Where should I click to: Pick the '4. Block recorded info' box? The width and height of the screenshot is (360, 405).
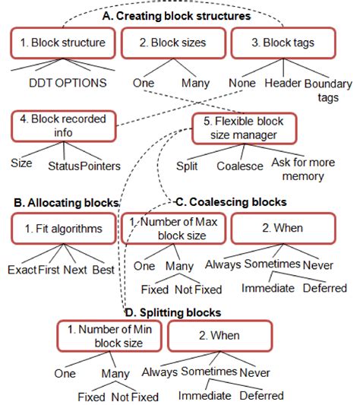pyautogui.click(x=63, y=125)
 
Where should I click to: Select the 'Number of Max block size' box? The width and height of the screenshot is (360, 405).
pyautogui.click(x=172, y=227)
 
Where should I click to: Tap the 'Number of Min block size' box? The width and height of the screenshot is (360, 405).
pyautogui.click(x=109, y=335)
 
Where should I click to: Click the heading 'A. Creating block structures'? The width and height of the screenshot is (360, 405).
pyautogui.click(x=176, y=14)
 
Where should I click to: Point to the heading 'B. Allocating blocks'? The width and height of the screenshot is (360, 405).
pyautogui.click(x=66, y=202)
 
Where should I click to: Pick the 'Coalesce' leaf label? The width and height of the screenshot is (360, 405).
pyautogui.click(x=239, y=164)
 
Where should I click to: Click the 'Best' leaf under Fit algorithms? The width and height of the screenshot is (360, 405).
pyautogui.click(x=104, y=270)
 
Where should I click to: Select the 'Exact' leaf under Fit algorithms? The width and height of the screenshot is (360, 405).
pyautogui.click(x=23, y=270)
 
